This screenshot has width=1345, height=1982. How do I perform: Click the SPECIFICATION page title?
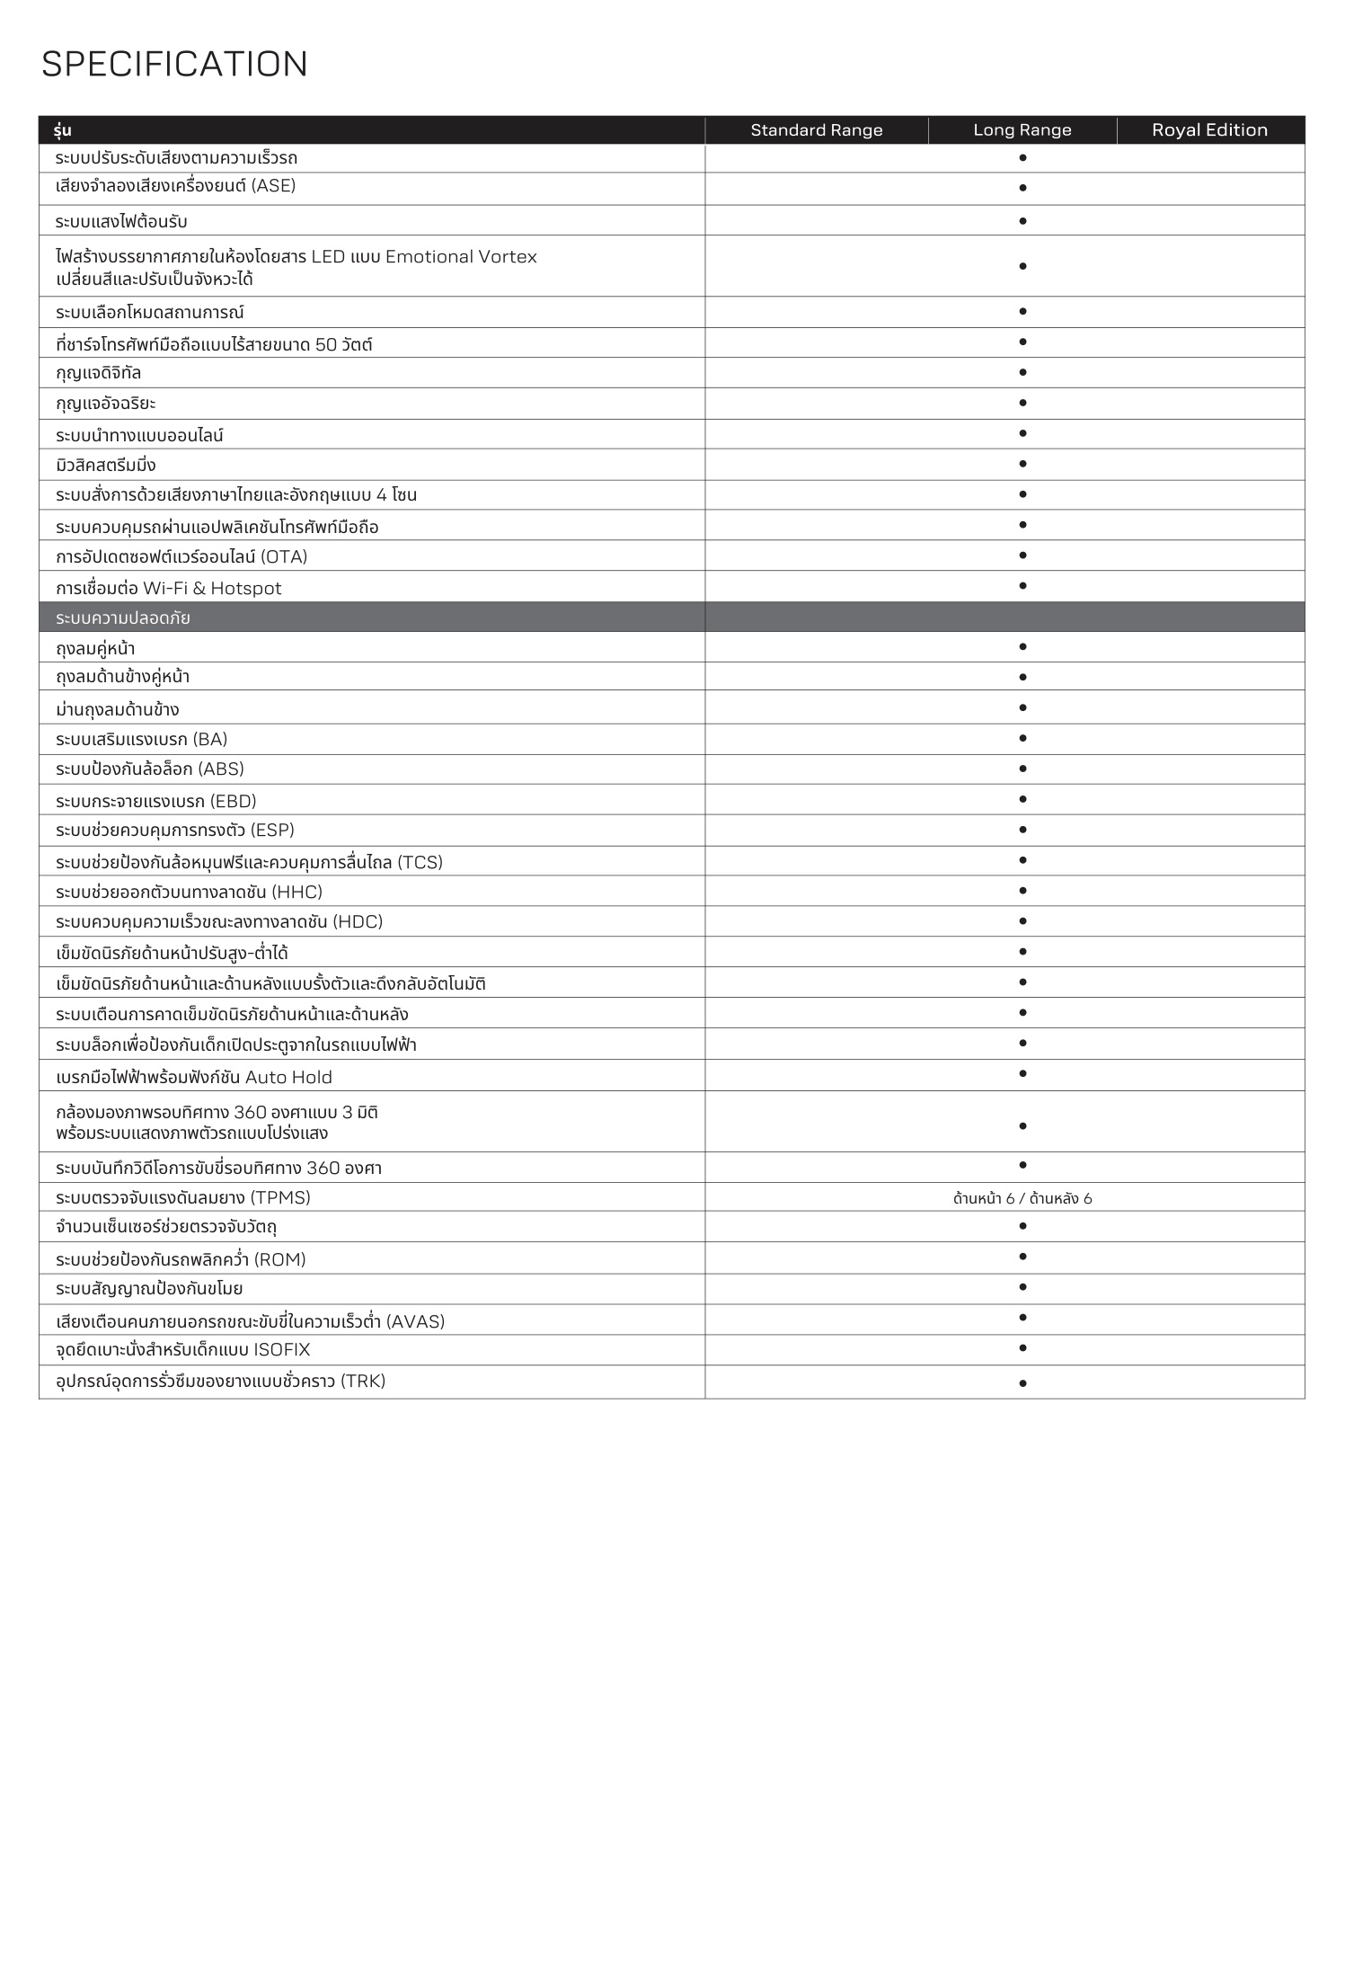[x=174, y=64]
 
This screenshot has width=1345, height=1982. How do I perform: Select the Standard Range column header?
[x=816, y=130]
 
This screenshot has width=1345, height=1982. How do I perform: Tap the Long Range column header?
[x=1022, y=130]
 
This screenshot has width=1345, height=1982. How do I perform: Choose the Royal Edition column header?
[x=1209, y=130]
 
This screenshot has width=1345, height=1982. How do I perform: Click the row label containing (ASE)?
[x=175, y=186]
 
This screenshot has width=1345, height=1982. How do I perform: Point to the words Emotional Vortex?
[x=461, y=257]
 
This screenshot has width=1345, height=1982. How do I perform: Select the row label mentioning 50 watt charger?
[x=214, y=344]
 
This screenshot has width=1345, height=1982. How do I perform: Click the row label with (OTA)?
[x=181, y=557]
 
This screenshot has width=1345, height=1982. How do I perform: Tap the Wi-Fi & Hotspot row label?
[x=169, y=589]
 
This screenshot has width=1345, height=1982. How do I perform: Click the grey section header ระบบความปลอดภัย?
[x=123, y=618]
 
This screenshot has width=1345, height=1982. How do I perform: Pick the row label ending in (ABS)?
[x=150, y=769]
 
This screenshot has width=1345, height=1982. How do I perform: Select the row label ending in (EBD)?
[x=156, y=801]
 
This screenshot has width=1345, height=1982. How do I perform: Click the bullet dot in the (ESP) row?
[x=1022, y=830]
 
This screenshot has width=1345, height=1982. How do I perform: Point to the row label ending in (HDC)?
[x=219, y=922]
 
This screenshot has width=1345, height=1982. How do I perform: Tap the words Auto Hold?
[x=288, y=1077]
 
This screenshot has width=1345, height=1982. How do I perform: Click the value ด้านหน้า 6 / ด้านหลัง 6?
[x=1022, y=1198]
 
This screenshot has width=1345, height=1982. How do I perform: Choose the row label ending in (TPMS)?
[x=183, y=1198]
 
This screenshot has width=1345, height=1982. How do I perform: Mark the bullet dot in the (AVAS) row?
[x=1022, y=1318]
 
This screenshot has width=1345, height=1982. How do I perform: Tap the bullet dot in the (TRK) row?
[x=1022, y=1383]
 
